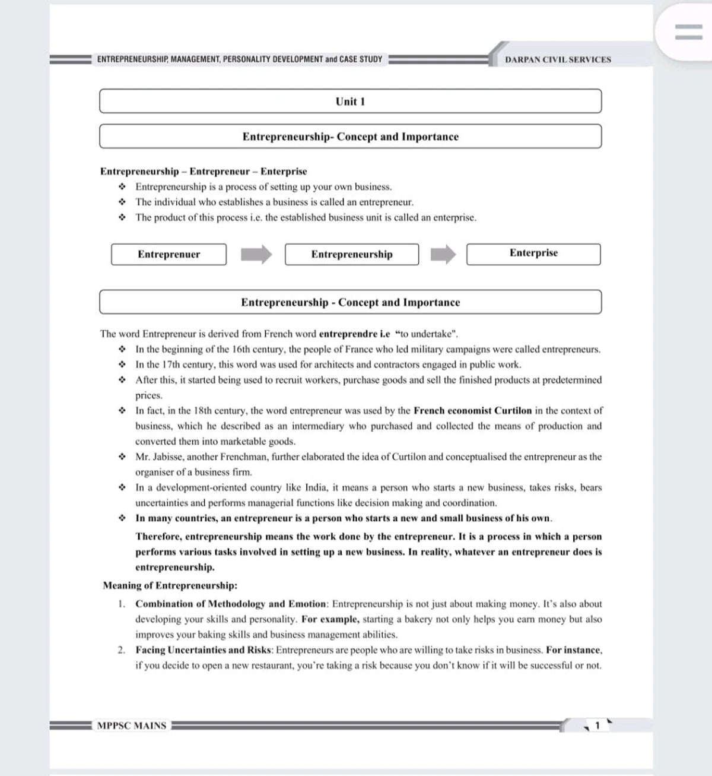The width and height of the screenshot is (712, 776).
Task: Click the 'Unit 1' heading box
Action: [x=350, y=101]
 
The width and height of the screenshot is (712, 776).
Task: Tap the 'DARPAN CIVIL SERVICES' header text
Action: [x=558, y=59]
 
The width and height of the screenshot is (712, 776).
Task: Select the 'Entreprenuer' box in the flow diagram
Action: [x=169, y=254]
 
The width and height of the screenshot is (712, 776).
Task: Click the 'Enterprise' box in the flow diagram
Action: [x=533, y=254]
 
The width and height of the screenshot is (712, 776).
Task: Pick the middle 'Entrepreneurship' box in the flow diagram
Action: [x=352, y=254]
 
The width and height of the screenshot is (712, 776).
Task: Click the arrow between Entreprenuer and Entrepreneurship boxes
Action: [x=256, y=255]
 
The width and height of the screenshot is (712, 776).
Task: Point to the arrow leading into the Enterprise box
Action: [x=443, y=255]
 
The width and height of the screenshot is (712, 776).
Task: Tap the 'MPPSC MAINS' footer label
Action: [x=131, y=726]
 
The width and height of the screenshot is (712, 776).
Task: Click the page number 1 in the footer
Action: [x=597, y=726]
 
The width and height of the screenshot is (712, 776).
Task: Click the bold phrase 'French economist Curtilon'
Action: [x=472, y=410]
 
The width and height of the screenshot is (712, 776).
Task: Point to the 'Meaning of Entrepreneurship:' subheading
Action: [x=170, y=585]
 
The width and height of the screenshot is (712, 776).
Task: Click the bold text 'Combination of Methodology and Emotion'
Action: [x=231, y=604]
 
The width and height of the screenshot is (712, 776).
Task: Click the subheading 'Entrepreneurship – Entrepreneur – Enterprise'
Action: [x=204, y=172]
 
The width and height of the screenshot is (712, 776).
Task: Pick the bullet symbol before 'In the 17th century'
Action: [x=122, y=365]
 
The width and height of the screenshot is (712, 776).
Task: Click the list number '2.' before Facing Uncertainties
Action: [x=121, y=650]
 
